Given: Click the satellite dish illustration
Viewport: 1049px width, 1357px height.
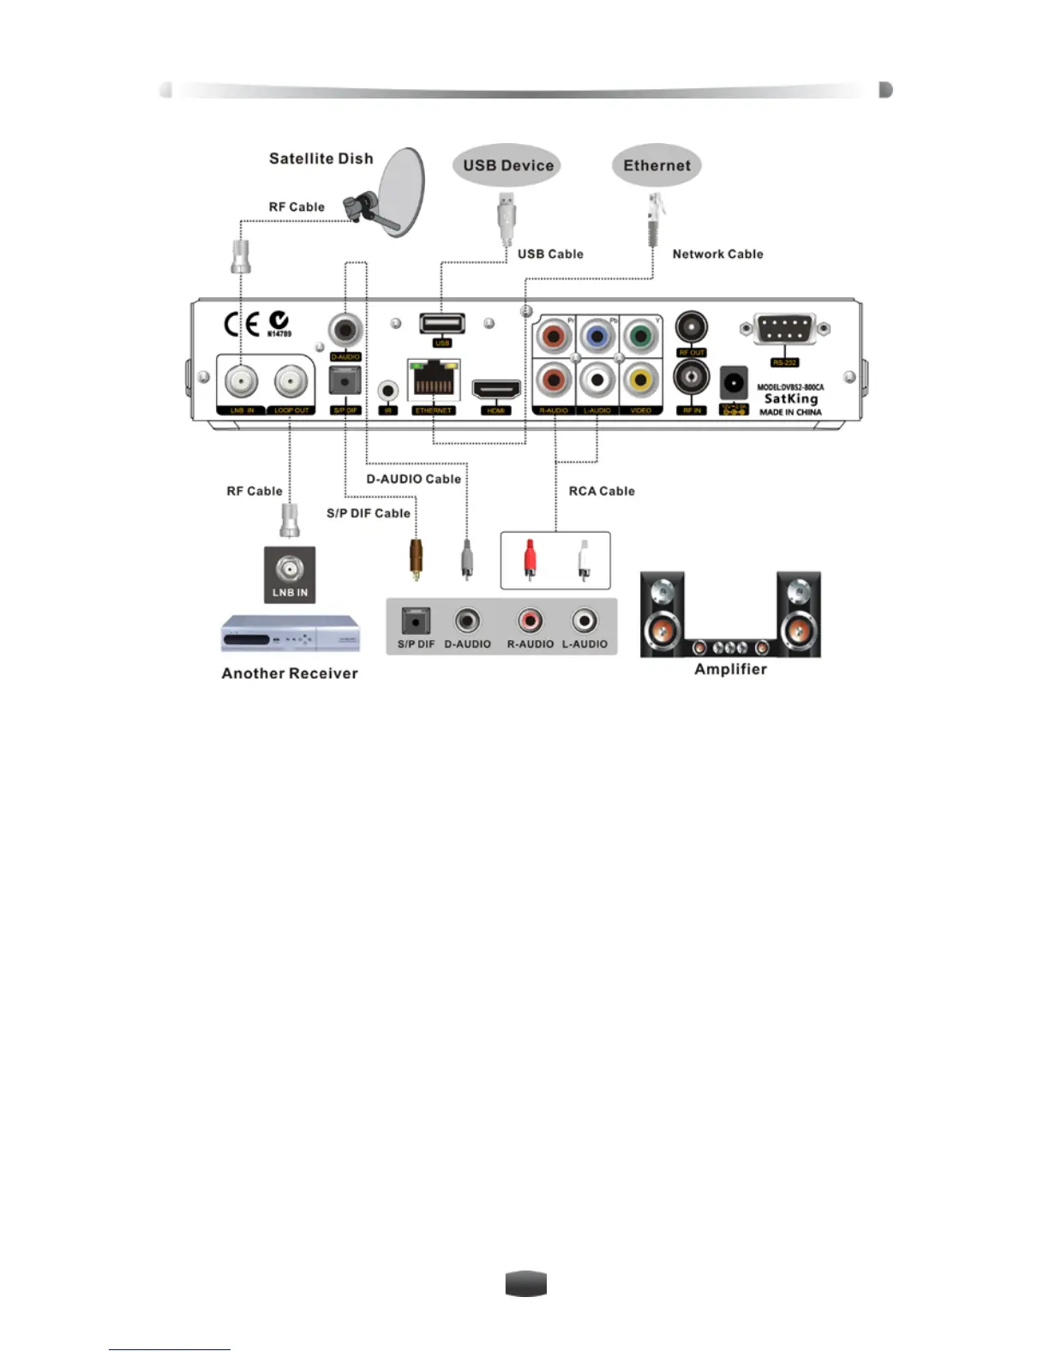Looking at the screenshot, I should (399, 192).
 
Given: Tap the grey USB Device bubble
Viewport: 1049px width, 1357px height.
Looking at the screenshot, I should (507, 165).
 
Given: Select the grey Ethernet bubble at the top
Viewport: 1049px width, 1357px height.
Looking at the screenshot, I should (656, 165).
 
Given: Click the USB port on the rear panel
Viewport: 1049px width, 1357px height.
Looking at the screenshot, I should (441, 324).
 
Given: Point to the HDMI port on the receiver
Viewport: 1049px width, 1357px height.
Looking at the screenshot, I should (496, 390).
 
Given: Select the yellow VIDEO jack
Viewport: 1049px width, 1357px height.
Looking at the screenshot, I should (640, 379).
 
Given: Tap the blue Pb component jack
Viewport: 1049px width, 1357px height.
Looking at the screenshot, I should (597, 336).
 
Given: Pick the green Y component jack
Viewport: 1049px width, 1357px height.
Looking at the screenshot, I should (640, 336).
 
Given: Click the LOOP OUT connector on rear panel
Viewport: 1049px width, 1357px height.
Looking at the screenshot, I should (291, 380).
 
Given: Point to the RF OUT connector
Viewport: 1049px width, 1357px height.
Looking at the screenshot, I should (691, 328).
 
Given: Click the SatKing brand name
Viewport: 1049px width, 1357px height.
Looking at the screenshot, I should (790, 398).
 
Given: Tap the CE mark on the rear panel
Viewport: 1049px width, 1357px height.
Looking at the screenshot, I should (242, 324).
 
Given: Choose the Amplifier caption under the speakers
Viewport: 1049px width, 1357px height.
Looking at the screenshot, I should (730, 669).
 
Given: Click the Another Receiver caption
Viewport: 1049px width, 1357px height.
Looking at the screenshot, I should (290, 673).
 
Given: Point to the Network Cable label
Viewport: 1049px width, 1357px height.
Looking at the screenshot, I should (717, 254).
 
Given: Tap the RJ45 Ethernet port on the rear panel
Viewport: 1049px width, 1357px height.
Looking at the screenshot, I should (434, 380).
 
